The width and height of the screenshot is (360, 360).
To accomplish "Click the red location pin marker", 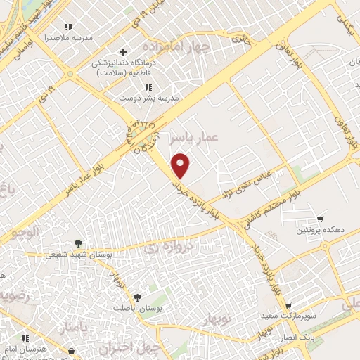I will click(x=181, y=165).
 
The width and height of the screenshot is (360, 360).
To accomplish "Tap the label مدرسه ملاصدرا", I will click(x=68, y=38).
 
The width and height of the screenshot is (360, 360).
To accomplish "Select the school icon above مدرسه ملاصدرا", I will click(x=68, y=27).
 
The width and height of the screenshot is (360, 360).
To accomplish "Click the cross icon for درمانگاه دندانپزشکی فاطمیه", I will click(x=124, y=53).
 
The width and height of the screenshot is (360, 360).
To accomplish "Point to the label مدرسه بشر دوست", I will click(x=149, y=98).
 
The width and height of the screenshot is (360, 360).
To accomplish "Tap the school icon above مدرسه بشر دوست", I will click(x=148, y=87).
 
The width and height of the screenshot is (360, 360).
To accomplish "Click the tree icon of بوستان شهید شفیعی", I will click(x=78, y=243).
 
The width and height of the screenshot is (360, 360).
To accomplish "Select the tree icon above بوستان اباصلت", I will click(x=137, y=297).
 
